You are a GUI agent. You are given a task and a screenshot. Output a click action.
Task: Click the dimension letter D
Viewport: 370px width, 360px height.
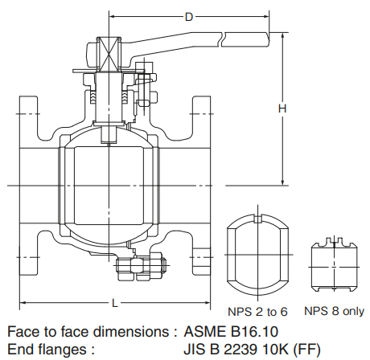click(x=189, y=16)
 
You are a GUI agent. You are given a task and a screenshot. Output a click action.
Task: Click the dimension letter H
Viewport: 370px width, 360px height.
click(x=282, y=108)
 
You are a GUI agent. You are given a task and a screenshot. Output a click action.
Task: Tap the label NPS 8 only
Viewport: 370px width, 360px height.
click(x=334, y=311)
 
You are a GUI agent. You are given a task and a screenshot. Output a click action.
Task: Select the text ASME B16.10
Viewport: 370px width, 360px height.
click(x=228, y=331)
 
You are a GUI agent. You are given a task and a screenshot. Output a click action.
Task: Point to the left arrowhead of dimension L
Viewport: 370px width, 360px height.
click(x=22, y=302)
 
